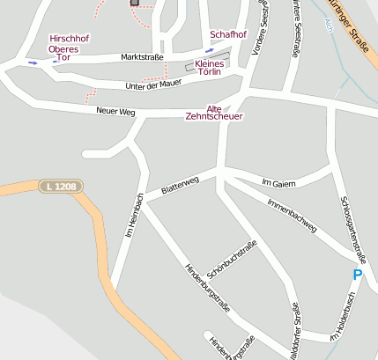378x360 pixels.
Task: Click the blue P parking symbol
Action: pos(357,276)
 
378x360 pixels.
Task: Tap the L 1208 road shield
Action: pos(59,187)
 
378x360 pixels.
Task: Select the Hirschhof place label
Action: pos(69,39)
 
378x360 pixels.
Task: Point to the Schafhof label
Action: pos(228,34)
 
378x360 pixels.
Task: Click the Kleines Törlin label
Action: pos(209,69)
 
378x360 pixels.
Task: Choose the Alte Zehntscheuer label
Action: pos(214,111)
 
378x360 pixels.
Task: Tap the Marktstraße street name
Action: pos(142,58)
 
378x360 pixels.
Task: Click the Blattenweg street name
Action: pos(180,186)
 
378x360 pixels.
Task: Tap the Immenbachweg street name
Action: pos(290,212)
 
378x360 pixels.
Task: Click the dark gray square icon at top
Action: pos(135,3)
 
